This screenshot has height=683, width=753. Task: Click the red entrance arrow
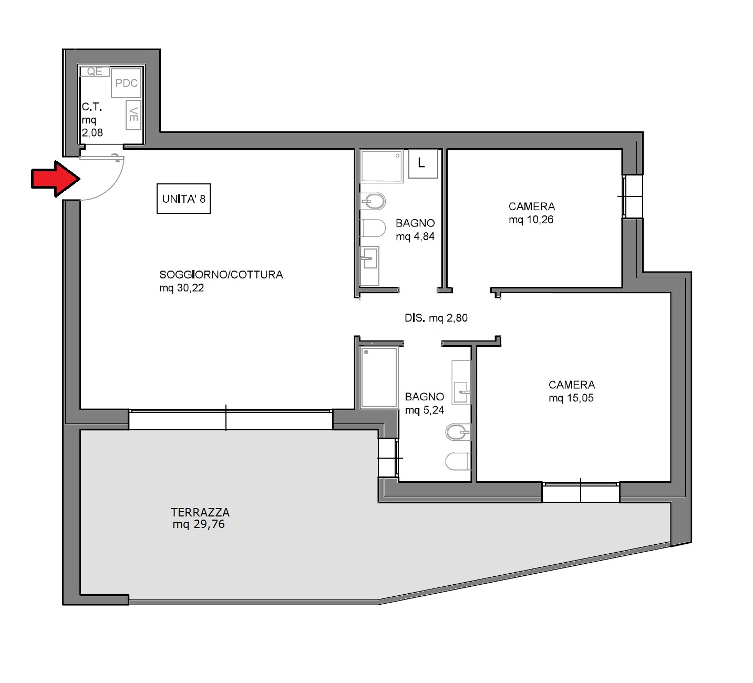56,179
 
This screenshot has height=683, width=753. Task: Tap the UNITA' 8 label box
183,199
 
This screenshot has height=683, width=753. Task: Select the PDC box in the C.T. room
126,83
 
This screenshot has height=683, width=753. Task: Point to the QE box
95,71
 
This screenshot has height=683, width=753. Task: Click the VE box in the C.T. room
133,115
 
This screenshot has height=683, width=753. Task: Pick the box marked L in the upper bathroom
423,163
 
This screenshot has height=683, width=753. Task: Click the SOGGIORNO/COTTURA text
221,274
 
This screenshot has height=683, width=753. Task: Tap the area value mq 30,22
181,288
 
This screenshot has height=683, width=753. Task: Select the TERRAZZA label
200,512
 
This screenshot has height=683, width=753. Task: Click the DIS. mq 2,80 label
436,318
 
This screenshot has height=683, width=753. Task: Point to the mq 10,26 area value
531,220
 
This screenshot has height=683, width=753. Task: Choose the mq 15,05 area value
571,398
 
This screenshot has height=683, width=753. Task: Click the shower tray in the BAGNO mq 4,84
381,166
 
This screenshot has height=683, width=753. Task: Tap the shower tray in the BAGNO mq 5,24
379,377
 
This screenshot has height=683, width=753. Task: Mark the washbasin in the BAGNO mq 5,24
461,392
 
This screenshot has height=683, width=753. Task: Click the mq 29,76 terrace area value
199,524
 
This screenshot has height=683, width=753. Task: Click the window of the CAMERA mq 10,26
632,196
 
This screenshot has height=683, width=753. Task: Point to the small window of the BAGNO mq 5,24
388,458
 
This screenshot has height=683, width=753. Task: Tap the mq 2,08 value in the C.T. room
92,132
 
